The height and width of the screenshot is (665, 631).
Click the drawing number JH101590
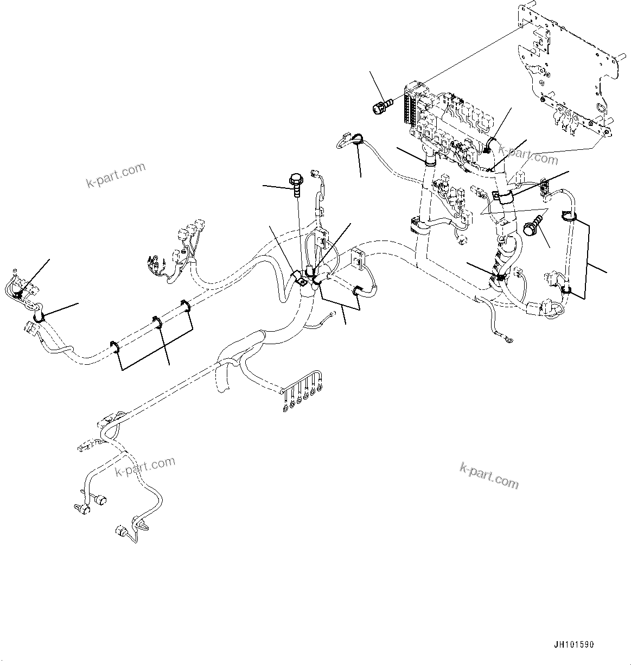click(573, 645)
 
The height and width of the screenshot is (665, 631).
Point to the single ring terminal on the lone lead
click(507, 340)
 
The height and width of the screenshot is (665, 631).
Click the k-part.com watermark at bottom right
click(489, 475)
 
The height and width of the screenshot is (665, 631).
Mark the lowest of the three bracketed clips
click(115, 347)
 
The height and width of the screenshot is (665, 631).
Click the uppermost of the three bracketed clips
click(186, 306)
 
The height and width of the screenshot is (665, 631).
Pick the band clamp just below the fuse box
click(430, 158)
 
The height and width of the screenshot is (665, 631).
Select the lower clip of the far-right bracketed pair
click(565, 289)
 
